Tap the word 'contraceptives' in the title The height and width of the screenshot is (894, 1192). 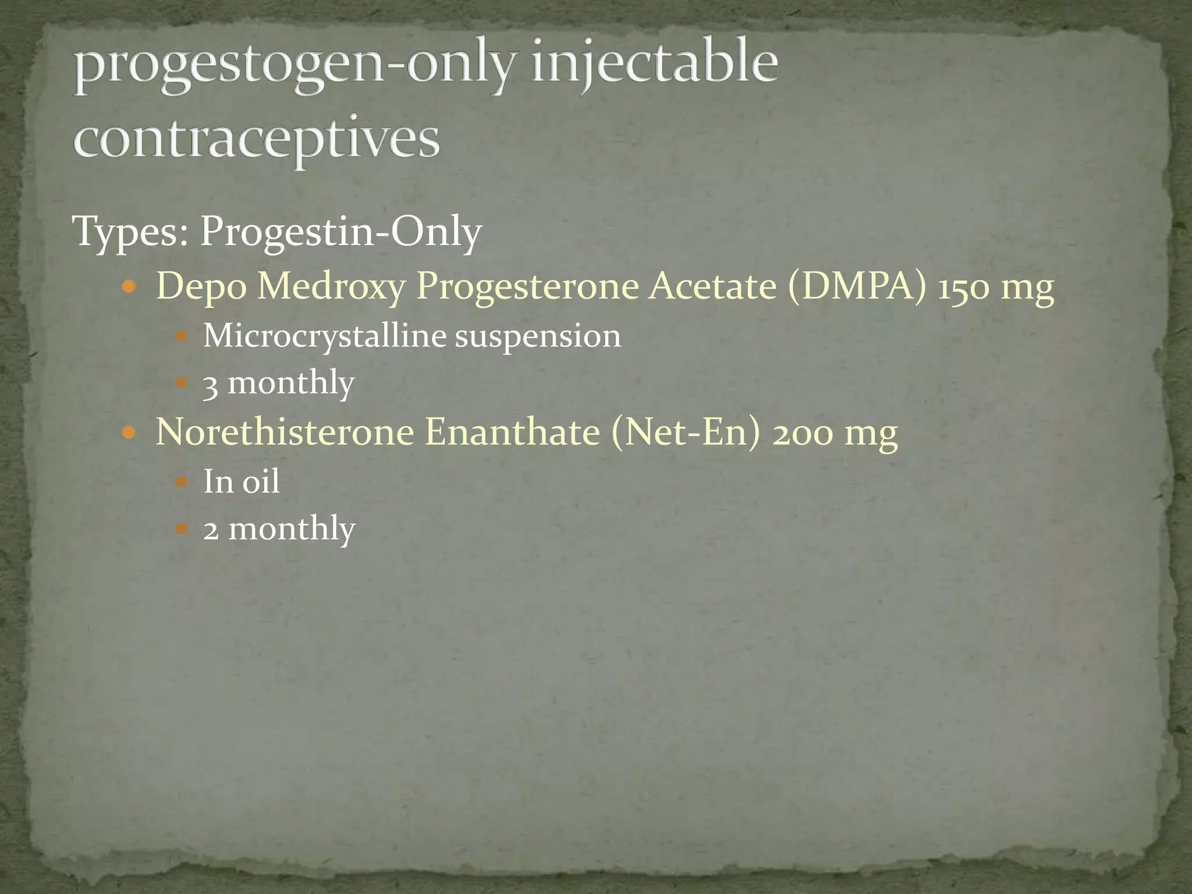(256, 140)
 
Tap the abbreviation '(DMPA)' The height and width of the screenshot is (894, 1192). (856, 286)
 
